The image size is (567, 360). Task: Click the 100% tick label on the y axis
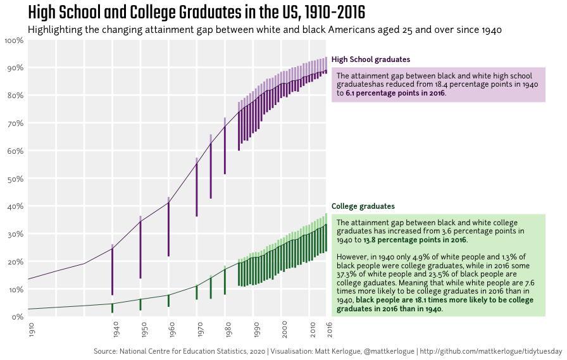(x=14, y=40)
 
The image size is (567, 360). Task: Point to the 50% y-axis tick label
(x=15, y=179)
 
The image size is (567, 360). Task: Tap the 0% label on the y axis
(x=17, y=317)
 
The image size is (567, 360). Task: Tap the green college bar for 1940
(x=112, y=307)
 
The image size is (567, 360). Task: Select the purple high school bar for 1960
(x=168, y=228)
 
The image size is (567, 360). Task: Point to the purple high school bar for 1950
(x=140, y=247)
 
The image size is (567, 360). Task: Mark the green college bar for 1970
(x=197, y=292)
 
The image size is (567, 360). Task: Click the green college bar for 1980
(x=225, y=279)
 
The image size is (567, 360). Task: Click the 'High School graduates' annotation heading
(x=370, y=59)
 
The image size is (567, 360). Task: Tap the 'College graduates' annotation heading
(x=363, y=206)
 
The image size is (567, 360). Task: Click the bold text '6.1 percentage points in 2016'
(x=394, y=93)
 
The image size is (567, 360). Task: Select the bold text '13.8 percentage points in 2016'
(x=414, y=240)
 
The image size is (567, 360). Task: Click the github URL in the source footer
(x=491, y=351)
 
